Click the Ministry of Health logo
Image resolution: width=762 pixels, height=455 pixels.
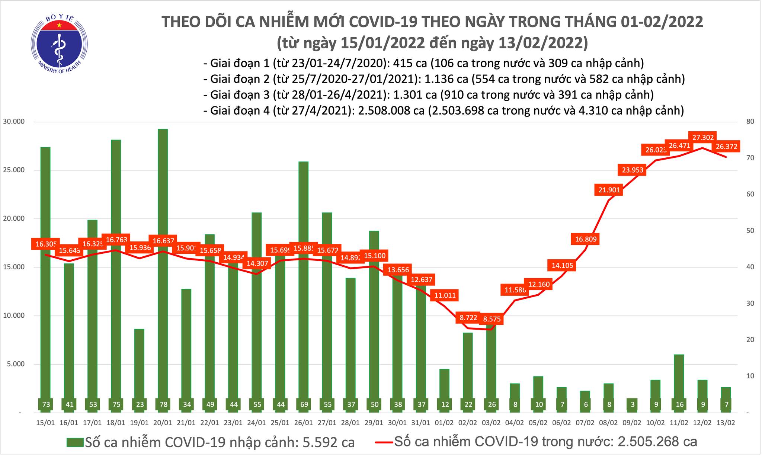pos(59,44)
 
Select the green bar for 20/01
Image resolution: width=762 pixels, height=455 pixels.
pos(163,260)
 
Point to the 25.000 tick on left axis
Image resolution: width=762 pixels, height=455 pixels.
pos(14,170)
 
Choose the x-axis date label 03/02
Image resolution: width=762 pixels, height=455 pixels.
pos(491,423)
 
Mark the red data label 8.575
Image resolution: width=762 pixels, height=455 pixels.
pos(492,319)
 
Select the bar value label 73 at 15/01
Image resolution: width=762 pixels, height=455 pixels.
pos(45,404)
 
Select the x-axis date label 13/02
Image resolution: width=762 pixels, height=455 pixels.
pos(726,423)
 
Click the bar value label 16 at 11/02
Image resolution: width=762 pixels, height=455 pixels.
pos(679,404)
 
